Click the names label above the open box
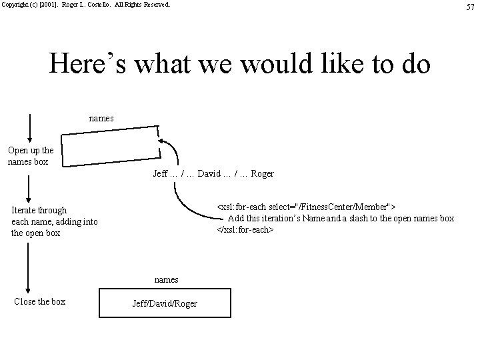click(x=101, y=118)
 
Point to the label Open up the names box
click(x=31, y=156)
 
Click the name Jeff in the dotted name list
click(x=161, y=174)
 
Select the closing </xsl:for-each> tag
click(x=244, y=230)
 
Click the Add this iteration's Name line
click(x=341, y=218)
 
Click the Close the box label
click(x=40, y=301)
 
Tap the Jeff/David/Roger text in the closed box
click(x=166, y=303)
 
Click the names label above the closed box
click(x=166, y=279)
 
